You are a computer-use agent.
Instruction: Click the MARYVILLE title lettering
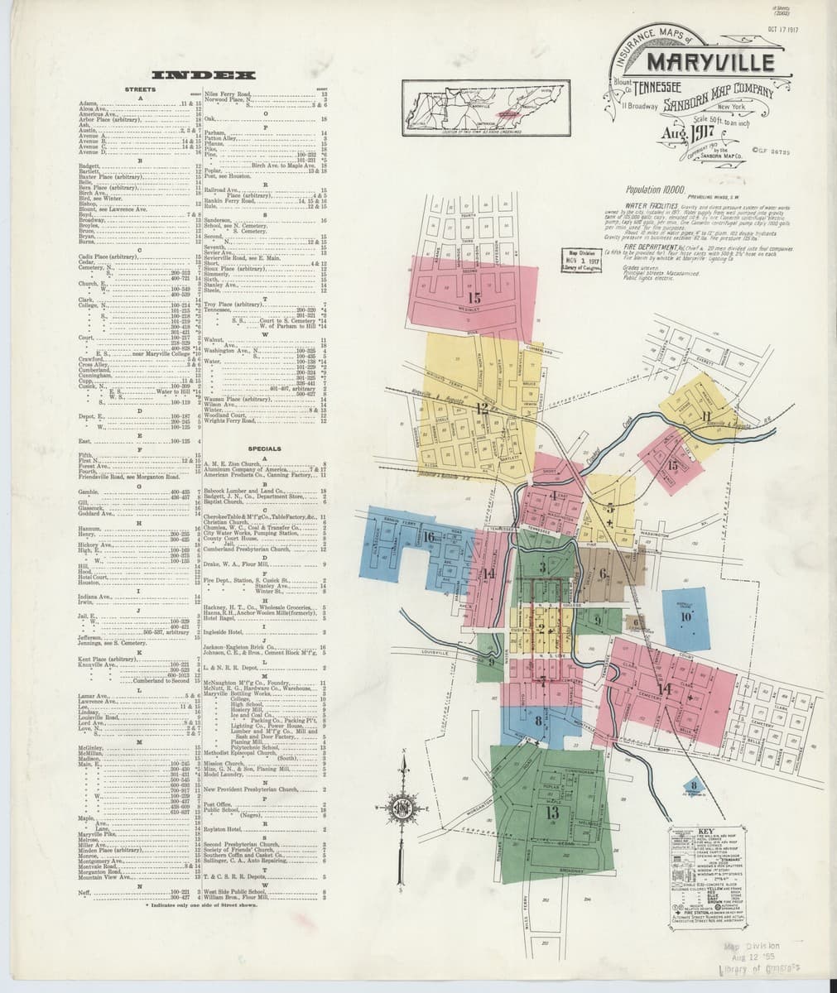[x=710, y=63]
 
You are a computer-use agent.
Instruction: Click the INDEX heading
[x=203, y=75]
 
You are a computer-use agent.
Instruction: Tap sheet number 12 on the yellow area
[x=482, y=407]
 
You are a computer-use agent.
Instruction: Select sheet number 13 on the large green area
[x=552, y=811]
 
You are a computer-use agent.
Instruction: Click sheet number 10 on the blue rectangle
[x=685, y=616]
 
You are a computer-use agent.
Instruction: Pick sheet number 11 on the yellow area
[x=705, y=415]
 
